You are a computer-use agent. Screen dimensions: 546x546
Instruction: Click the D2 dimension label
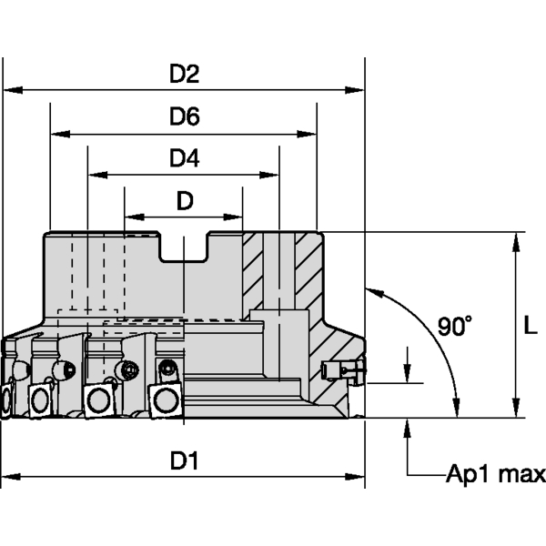pos(185,76)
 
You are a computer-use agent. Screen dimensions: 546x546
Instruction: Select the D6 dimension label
pos(185,117)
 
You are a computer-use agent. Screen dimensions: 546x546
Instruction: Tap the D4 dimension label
pos(185,158)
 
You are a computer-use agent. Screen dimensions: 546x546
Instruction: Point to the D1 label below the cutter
pos(185,461)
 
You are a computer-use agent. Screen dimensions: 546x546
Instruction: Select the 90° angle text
pos(454,325)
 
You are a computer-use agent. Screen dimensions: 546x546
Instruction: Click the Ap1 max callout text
pos(495,474)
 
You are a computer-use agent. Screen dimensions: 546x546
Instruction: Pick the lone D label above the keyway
pos(185,201)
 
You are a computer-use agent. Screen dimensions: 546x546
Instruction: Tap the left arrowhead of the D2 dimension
pos(11,90)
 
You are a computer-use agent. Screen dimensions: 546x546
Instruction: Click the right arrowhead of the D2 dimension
pos(357,90)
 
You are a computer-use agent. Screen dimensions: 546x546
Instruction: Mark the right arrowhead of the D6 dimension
pos(308,134)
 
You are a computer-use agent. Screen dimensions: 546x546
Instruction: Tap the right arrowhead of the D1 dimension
pos(357,475)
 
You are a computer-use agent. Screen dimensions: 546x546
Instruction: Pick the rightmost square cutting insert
pos(166,399)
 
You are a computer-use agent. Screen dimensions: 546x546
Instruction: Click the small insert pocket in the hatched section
pos(343,369)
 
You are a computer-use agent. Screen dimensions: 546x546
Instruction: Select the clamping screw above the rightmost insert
pos(167,369)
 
